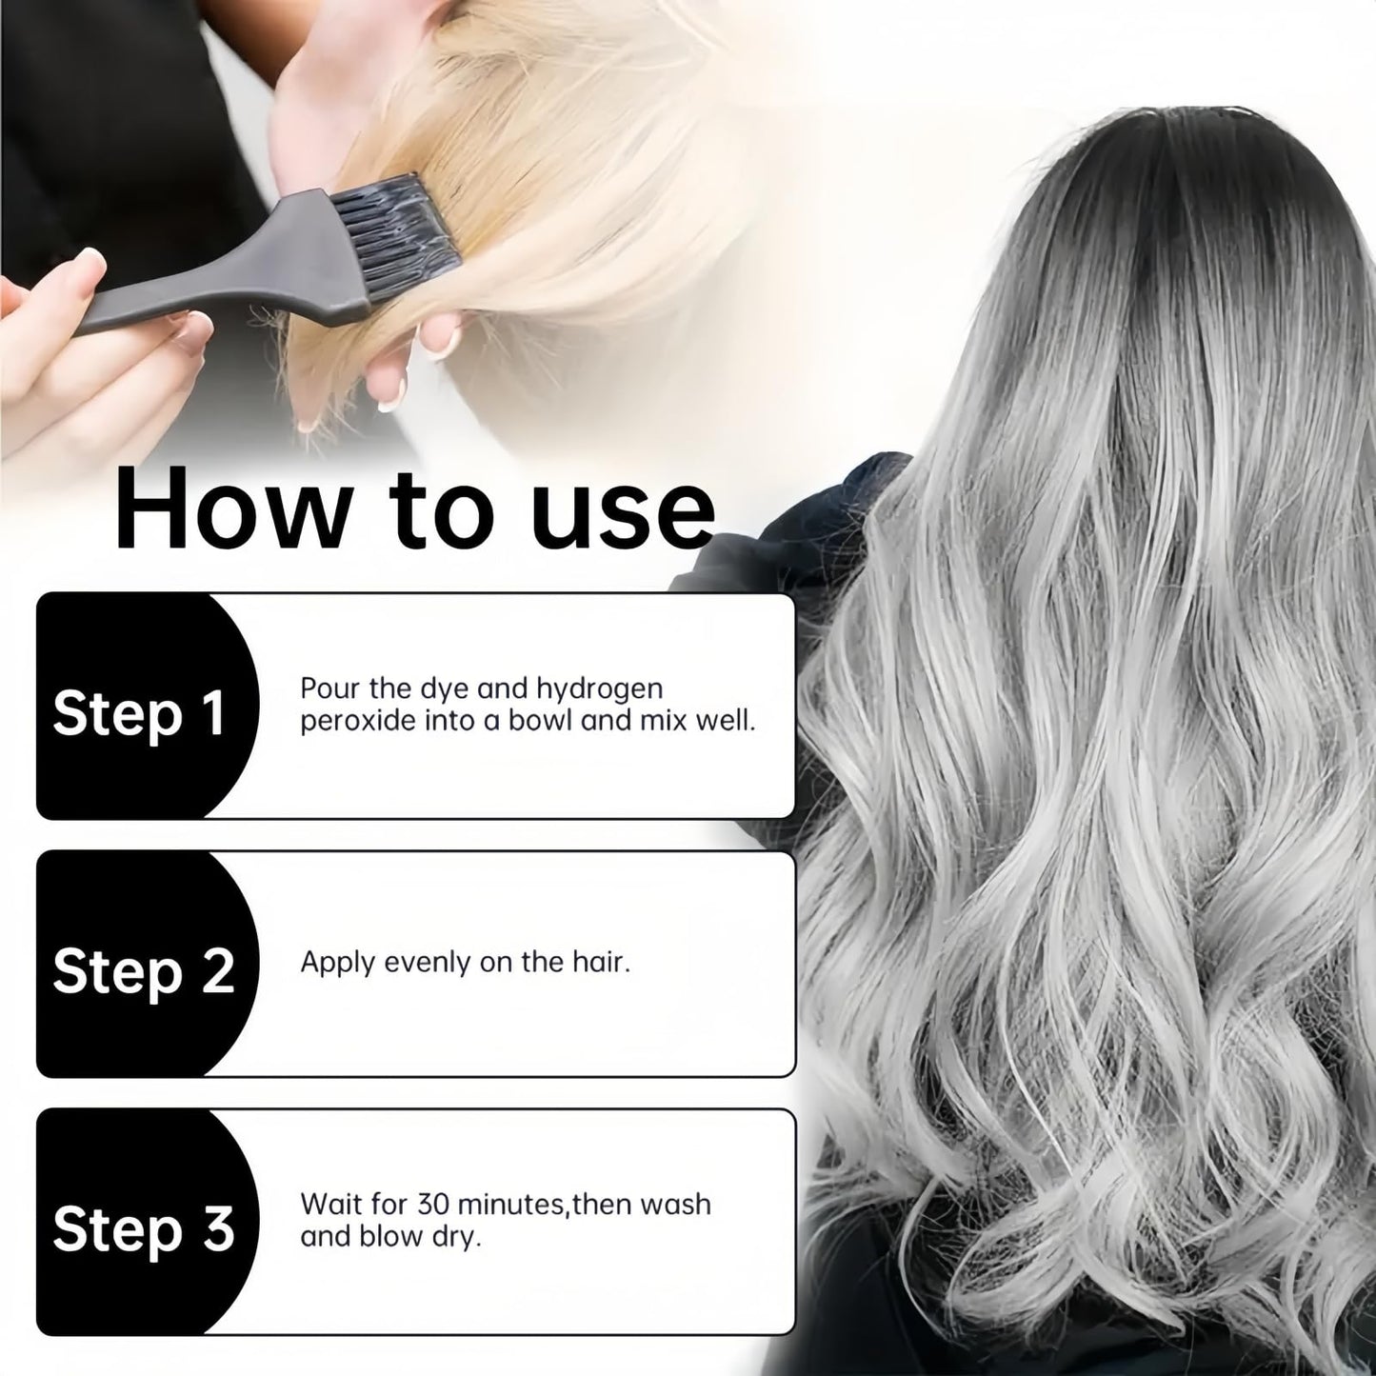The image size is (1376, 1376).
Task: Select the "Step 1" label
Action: (139, 714)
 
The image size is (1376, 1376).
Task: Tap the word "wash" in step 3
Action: (675, 1204)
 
